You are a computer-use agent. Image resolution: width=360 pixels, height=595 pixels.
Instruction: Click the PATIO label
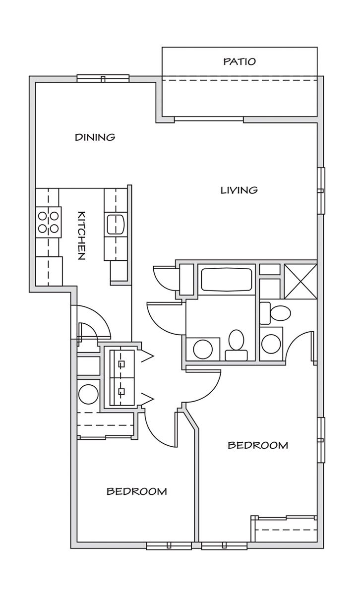tap(240, 61)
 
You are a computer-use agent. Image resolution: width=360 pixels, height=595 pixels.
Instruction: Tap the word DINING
tap(95, 137)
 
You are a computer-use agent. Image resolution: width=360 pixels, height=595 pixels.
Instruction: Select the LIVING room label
tap(239, 190)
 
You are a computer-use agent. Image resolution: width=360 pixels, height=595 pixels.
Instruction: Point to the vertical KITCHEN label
tap(81, 236)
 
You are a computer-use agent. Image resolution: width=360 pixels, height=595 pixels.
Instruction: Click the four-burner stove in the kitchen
tap(49, 222)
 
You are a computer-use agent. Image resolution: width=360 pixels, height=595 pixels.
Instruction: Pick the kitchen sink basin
tap(116, 224)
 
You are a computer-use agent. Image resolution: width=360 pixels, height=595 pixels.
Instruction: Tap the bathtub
tap(226, 279)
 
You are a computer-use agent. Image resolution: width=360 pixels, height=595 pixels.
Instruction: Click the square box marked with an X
tap(300, 281)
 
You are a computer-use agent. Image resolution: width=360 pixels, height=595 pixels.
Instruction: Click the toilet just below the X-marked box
tap(275, 313)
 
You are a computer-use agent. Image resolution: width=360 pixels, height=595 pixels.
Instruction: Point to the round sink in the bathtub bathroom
tap(203, 349)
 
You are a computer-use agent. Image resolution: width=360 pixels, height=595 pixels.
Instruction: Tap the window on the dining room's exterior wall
tap(103, 78)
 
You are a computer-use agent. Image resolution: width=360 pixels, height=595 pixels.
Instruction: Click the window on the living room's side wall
tap(321, 190)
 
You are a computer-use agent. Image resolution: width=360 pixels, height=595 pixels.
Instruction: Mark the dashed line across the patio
tap(240, 80)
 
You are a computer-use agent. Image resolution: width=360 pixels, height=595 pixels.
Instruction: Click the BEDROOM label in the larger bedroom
tap(258, 445)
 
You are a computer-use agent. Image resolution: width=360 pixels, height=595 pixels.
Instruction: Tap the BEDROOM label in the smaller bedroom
tap(136, 491)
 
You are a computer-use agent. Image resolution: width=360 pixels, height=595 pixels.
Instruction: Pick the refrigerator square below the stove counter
tap(49, 271)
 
